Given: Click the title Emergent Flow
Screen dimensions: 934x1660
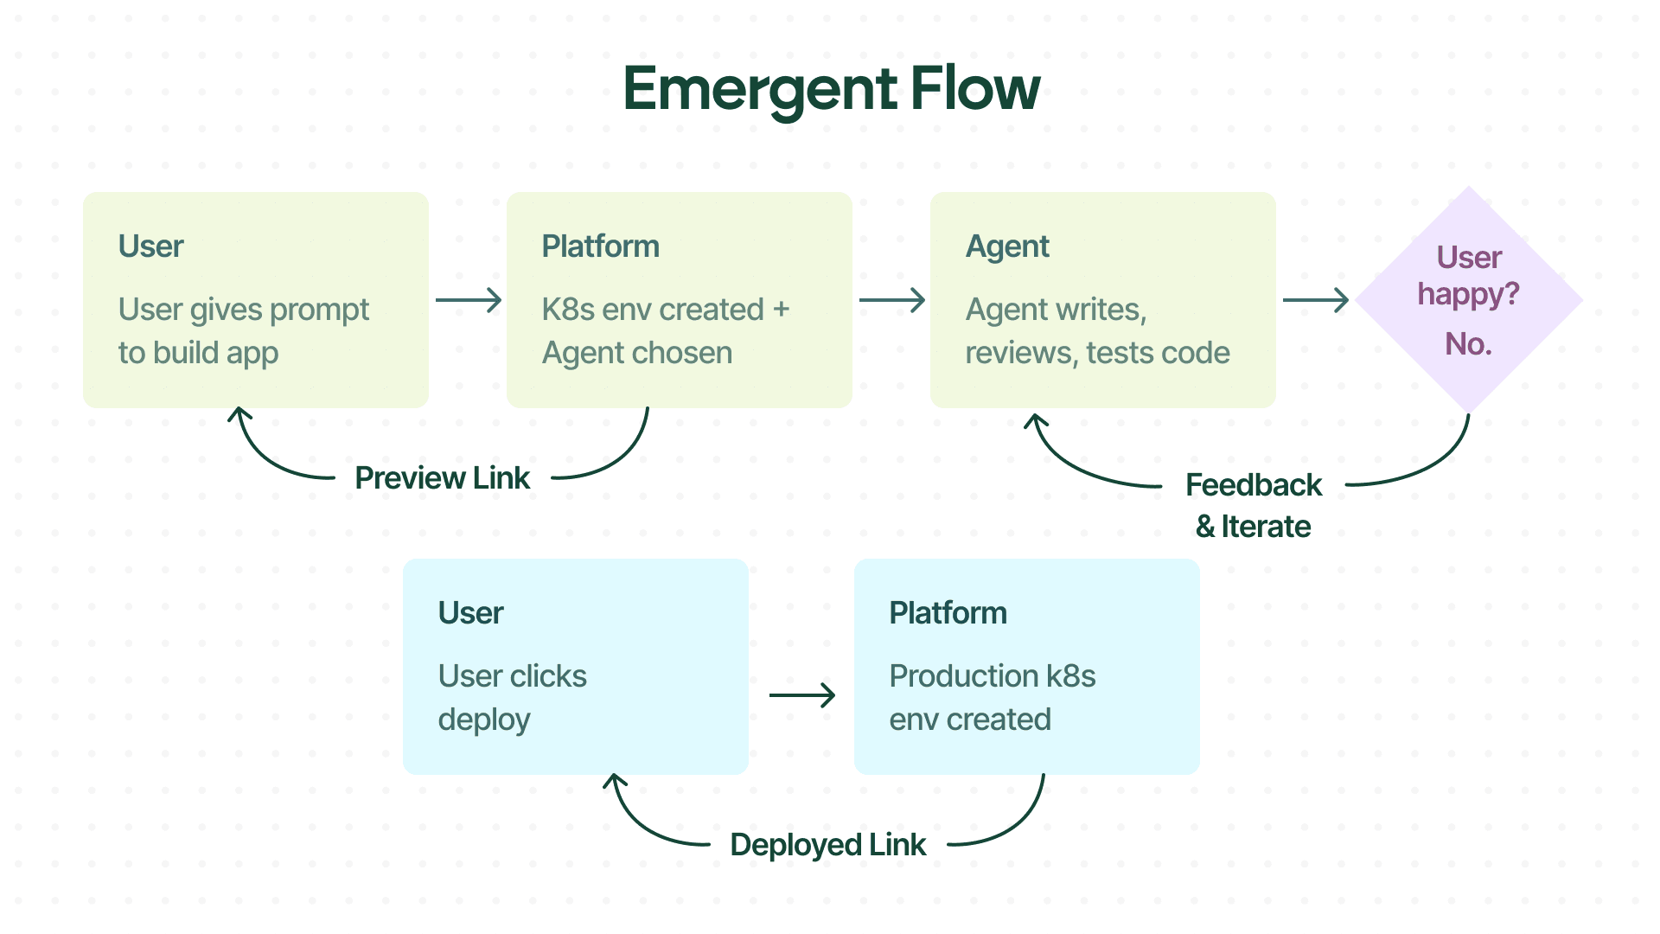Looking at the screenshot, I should (831, 89).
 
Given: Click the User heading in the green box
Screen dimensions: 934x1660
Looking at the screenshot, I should (150, 246).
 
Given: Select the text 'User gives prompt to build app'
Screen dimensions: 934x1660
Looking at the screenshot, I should (243, 330).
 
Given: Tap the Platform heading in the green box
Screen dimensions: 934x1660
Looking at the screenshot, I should (600, 246).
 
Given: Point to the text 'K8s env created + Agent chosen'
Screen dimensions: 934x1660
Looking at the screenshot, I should (665, 330).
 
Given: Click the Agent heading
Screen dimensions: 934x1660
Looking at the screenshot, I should (1006, 246).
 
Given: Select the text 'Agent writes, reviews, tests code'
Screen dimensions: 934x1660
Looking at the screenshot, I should (1096, 330).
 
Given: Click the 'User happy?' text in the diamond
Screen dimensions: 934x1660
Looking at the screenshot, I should (1468, 275).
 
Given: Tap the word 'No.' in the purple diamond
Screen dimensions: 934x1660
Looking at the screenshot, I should (1468, 344).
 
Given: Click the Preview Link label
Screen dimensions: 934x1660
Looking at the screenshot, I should (442, 478).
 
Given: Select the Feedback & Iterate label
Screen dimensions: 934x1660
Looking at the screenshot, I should (1253, 505).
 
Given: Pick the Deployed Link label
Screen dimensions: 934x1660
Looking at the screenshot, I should (827, 845).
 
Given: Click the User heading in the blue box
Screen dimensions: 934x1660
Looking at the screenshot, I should (470, 613).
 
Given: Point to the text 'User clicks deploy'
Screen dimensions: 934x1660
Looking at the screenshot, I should (512, 697).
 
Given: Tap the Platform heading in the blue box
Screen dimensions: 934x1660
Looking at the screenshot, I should (948, 613).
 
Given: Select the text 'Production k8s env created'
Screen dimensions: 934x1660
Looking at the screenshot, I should (992, 697).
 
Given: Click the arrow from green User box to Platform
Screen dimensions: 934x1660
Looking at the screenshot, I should (468, 300).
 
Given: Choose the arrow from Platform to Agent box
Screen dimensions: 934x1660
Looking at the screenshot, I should (891, 300).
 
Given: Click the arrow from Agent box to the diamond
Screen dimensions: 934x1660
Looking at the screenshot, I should (1315, 300).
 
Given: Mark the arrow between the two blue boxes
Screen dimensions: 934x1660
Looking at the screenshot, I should (801, 695).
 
